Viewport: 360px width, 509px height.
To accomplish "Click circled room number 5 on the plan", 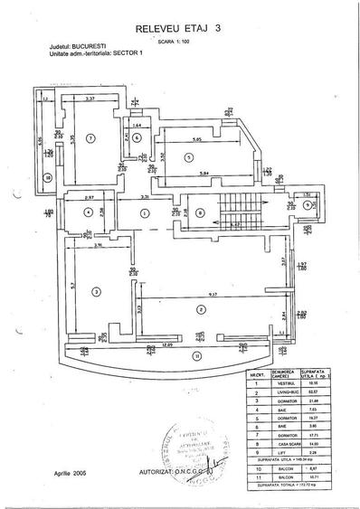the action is click(188, 157).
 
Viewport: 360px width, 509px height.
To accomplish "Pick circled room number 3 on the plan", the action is click(95, 289).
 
